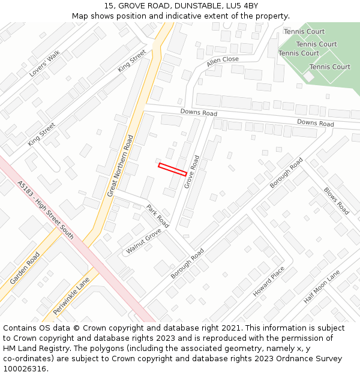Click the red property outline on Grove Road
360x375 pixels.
pos(172,169)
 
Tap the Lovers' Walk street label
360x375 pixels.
pos(45,64)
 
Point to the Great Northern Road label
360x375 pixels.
pos(120,166)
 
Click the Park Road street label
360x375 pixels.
pos(158,216)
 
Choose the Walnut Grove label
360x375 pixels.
pos(144,241)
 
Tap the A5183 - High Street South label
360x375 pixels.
pos(46,210)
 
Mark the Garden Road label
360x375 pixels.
pos(25,268)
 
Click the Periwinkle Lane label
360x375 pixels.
pos(71,296)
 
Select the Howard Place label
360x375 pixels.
pos(268,282)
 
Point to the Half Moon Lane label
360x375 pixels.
pos(322,286)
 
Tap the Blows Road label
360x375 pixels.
pos(336,201)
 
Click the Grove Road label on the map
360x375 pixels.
pos(192,172)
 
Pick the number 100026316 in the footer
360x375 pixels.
pos(25,368)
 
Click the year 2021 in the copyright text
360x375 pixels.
pos(230,328)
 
